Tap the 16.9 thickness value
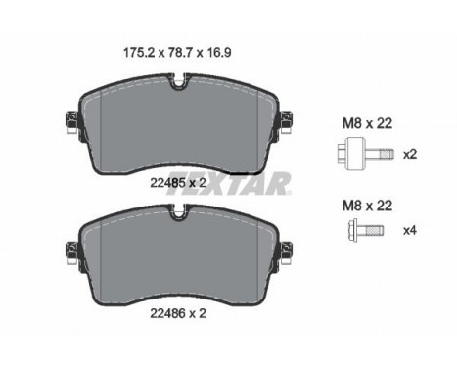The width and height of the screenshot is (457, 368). tap(218, 52)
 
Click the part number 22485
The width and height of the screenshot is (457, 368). tap(167, 183)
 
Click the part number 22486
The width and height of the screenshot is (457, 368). tap(167, 313)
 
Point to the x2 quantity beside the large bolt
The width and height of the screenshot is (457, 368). tap(410, 154)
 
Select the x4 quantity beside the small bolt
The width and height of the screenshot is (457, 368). tap(410, 231)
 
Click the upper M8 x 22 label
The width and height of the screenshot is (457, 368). tap(367, 123)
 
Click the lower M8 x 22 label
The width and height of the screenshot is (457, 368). tap(367, 206)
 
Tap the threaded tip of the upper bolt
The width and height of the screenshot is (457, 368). tap(388, 154)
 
